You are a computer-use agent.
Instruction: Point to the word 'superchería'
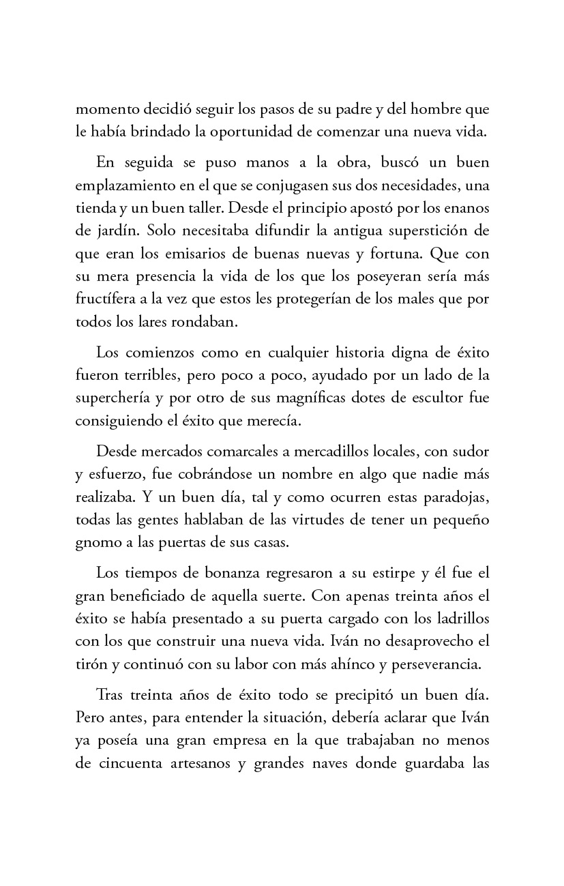coord(113,398)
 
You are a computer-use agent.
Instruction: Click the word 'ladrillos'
coord(458,619)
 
